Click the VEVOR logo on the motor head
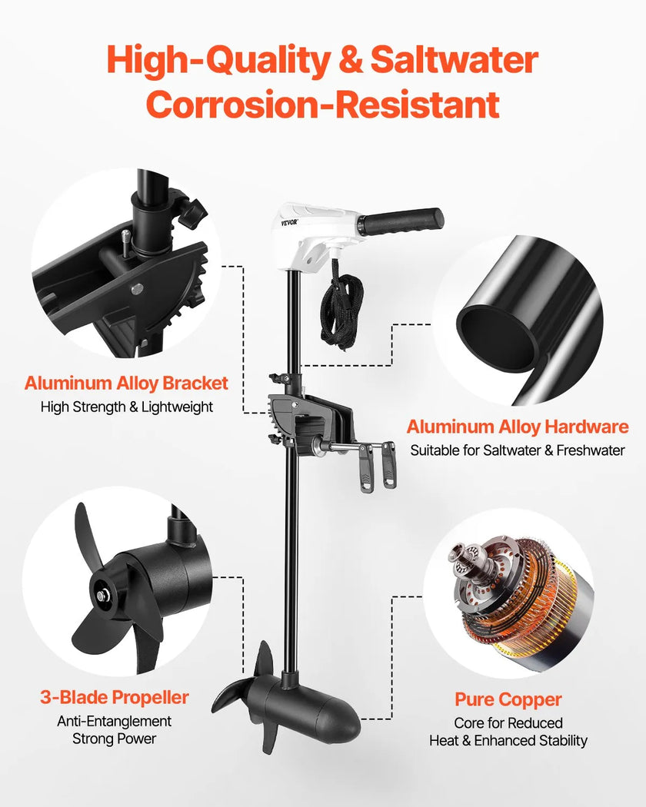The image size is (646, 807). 289,223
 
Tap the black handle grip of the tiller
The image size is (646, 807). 401,222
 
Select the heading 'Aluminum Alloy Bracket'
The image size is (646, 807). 126,384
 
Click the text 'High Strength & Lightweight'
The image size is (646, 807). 127,407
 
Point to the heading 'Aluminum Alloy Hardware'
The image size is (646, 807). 518,427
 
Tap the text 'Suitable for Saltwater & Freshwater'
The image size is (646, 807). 518,450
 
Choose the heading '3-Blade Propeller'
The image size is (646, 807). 115,697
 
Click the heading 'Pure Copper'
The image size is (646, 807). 508,700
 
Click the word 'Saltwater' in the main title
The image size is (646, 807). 455,60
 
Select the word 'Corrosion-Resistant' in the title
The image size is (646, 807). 322,105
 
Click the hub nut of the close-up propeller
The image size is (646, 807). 102,596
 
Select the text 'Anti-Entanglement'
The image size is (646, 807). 115,722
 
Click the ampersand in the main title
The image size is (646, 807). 350,60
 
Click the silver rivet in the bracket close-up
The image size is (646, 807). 137,289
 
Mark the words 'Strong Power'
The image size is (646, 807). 115,739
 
